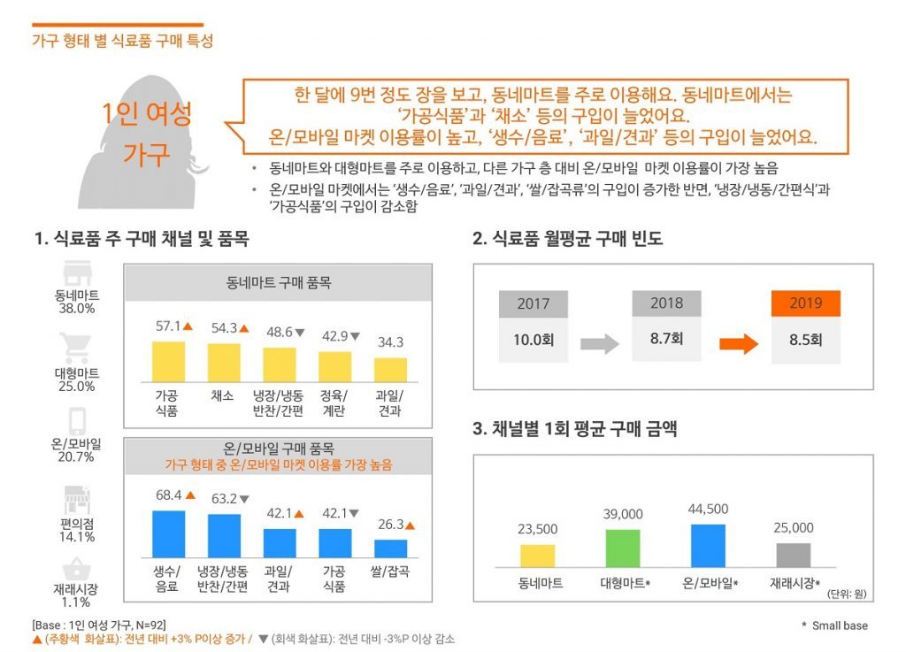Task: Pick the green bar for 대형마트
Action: pyautogui.click(x=623, y=548)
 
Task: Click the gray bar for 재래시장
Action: pyautogui.click(x=794, y=555)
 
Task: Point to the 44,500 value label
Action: pyautogui.click(x=708, y=509)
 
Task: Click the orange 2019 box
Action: pyautogui.click(x=806, y=303)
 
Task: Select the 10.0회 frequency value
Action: pyautogui.click(x=533, y=339)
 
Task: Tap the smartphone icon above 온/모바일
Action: pyautogui.click(x=75, y=419)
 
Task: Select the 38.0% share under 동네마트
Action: pyautogui.click(x=75, y=309)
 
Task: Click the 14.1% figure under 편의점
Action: pyautogui.click(x=75, y=536)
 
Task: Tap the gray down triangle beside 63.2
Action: pyautogui.click(x=244, y=499)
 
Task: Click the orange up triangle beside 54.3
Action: pyautogui.click(x=244, y=327)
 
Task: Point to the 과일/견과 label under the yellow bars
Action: pyautogui.click(x=389, y=403)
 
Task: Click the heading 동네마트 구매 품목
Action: pyautogui.click(x=278, y=284)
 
